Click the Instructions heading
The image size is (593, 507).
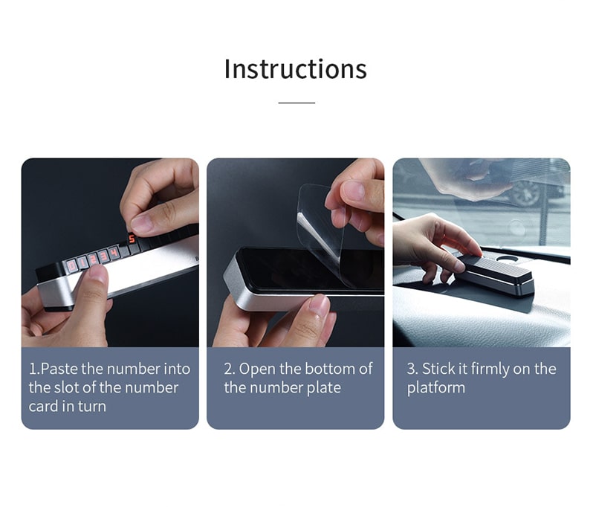pyautogui.click(x=295, y=69)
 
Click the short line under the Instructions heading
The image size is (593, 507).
pyautogui.click(x=296, y=103)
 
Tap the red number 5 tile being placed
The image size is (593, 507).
pyautogui.click(x=132, y=239)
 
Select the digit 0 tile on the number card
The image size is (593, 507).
pyautogui.click(x=71, y=265)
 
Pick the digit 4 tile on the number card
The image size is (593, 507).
pyautogui.click(x=113, y=252)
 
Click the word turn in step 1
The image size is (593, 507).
pyautogui.click(x=92, y=407)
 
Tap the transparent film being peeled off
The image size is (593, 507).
pyautogui.click(x=322, y=235)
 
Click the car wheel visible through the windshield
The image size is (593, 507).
pyautogui.click(x=527, y=193)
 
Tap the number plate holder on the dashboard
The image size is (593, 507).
pyautogui.click(x=496, y=274)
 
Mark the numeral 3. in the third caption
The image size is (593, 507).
pyautogui.click(x=412, y=369)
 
